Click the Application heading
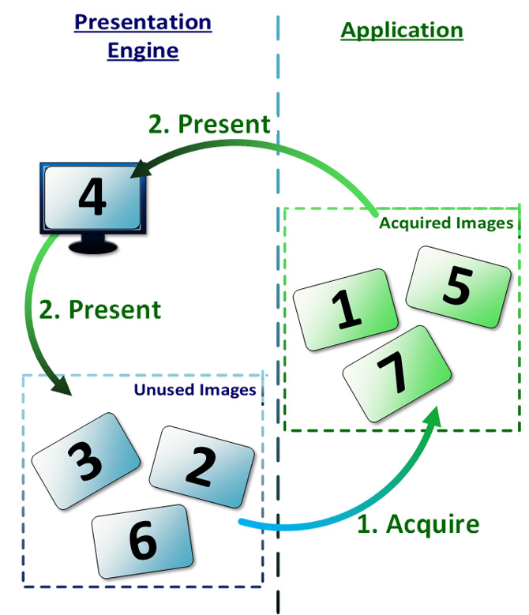click(x=402, y=31)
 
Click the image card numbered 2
click(x=201, y=467)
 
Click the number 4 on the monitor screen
click(x=93, y=197)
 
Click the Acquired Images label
click(x=446, y=223)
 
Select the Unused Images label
click(x=194, y=390)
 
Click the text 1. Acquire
click(x=418, y=524)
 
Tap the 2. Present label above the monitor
click(x=210, y=125)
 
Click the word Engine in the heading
click(x=143, y=51)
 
